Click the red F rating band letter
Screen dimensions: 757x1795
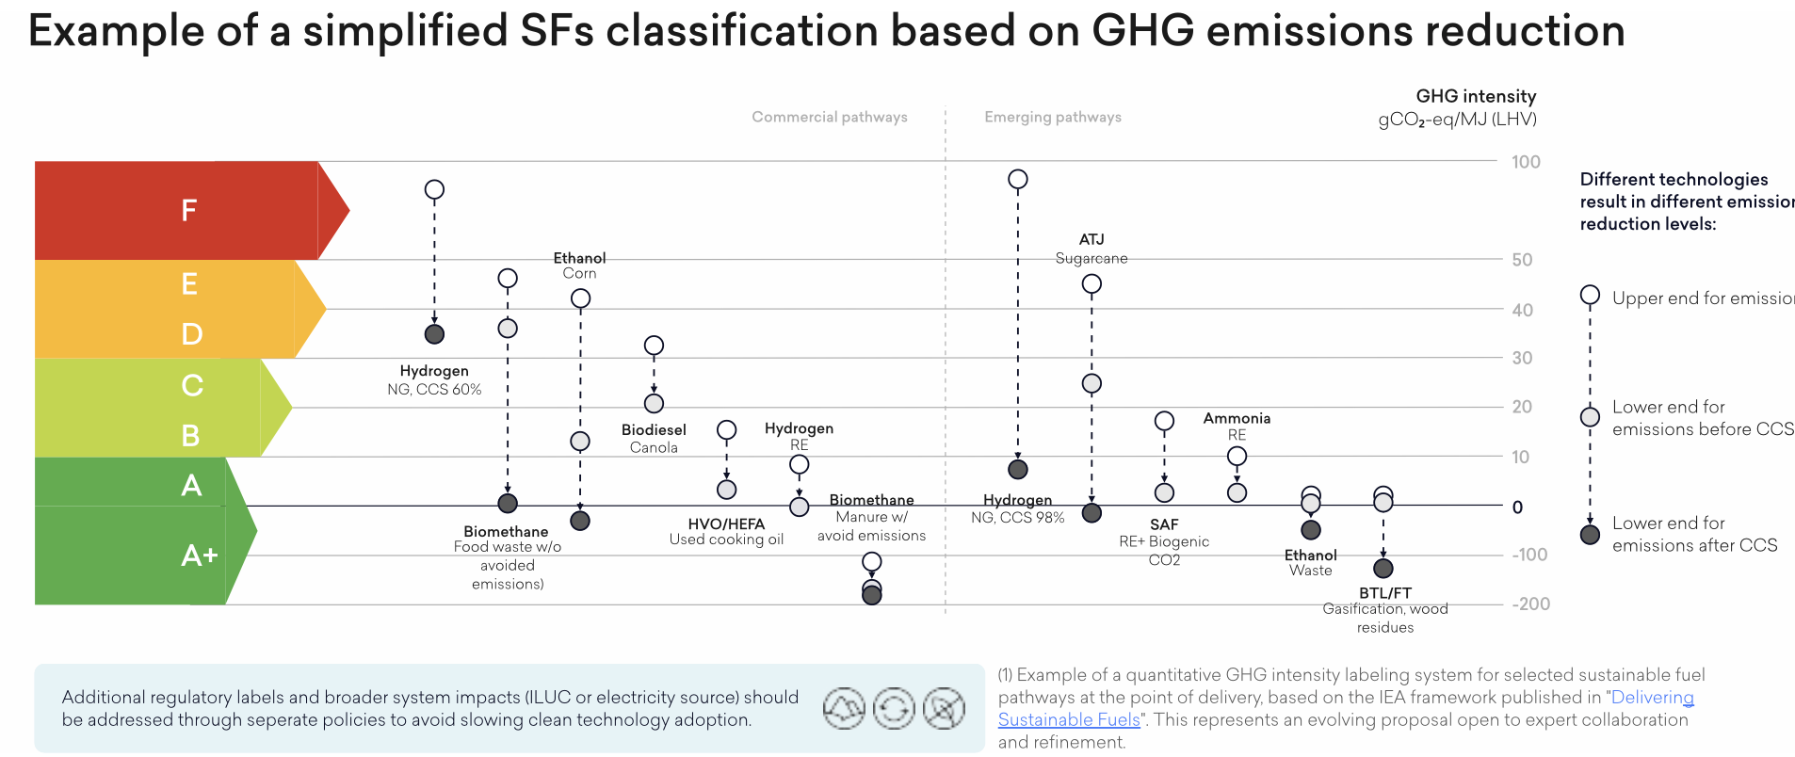(189, 210)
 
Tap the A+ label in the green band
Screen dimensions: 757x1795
(199, 556)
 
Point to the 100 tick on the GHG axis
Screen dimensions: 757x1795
(1526, 162)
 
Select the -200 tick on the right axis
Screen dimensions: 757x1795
(1530, 604)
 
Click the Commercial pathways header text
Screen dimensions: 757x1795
(829, 117)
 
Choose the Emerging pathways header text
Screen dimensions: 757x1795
(1052, 117)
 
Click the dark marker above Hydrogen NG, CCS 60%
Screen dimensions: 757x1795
(434, 334)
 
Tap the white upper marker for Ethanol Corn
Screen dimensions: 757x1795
(580, 298)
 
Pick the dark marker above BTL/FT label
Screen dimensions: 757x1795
(1383, 569)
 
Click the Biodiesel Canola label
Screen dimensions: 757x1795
(654, 438)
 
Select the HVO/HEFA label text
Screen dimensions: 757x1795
(726, 524)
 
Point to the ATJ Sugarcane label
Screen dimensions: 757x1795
(1092, 249)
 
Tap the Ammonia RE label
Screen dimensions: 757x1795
(1237, 426)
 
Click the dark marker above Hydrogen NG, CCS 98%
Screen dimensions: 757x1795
(1018, 469)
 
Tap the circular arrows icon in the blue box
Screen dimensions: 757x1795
(894, 709)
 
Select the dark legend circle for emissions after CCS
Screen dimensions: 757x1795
(1590, 535)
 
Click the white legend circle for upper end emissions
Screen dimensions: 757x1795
(1590, 296)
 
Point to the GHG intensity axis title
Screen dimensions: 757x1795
(1475, 96)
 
